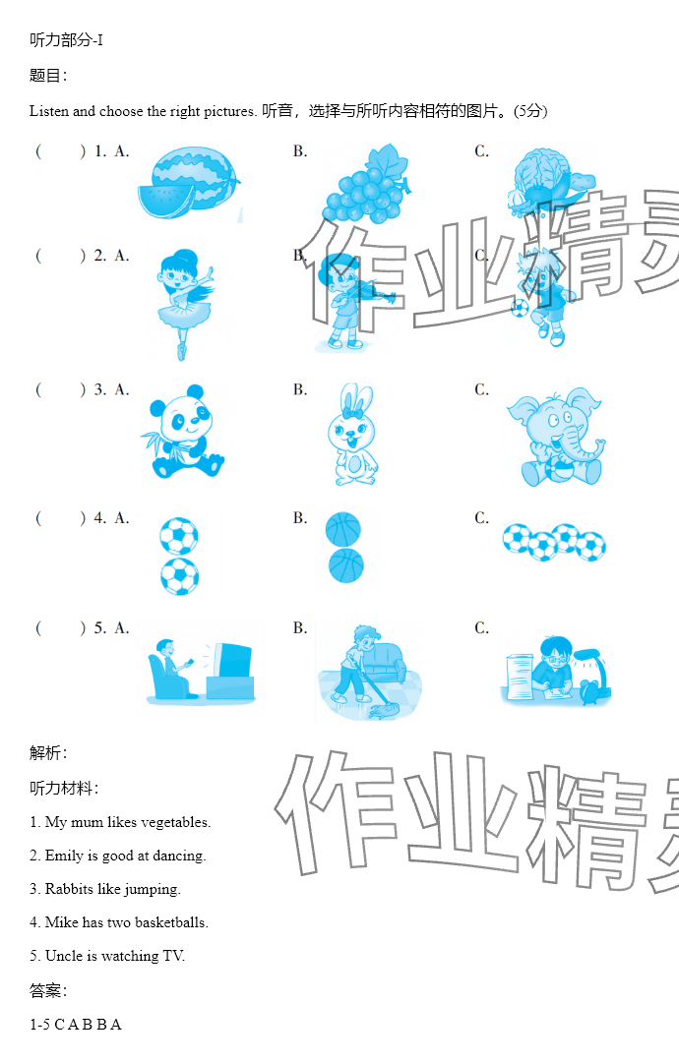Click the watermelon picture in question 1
click(x=189, y=182)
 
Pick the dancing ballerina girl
click(x=184, y=303)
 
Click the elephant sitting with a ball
click(x=556, y=438)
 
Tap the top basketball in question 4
click(x=343, y=529)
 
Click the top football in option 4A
click(x=179, y=536)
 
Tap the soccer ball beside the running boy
click(x=520, y=309)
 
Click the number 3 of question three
click(x=99, y=389)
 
